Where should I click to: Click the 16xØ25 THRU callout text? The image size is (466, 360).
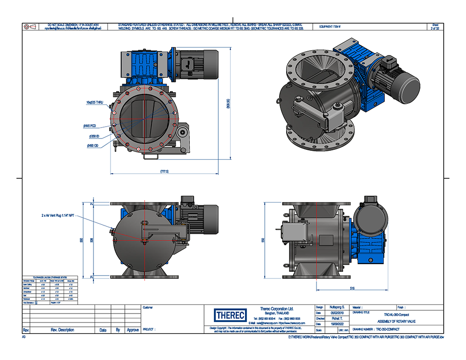point(94,102)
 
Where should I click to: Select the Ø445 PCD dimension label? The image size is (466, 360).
point(91,126)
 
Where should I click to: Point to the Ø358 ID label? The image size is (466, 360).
point(93,136)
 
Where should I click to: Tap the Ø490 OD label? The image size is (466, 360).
point(93,146)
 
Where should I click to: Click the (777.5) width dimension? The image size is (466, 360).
point(165,171)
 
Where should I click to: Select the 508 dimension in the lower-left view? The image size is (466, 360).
point(92,240)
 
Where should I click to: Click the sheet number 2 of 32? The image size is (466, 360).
point(435,28)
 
